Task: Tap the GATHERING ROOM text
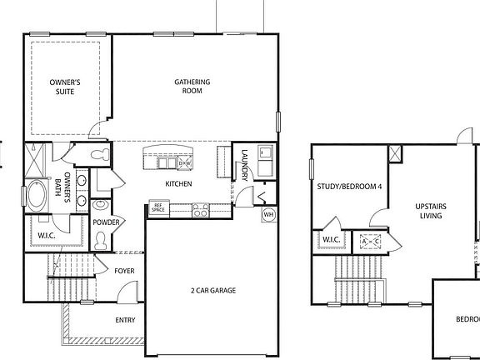click(192, 87)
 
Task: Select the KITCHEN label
click(178, 184)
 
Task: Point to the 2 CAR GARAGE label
click(212, 290)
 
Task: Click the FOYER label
click(124, 272)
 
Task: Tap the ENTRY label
click(126, 319)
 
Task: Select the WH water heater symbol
click(268, 215)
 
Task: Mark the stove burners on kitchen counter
click(201, 209)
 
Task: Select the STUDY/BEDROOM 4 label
click(349, 187)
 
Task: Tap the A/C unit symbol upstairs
click(369, 242)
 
